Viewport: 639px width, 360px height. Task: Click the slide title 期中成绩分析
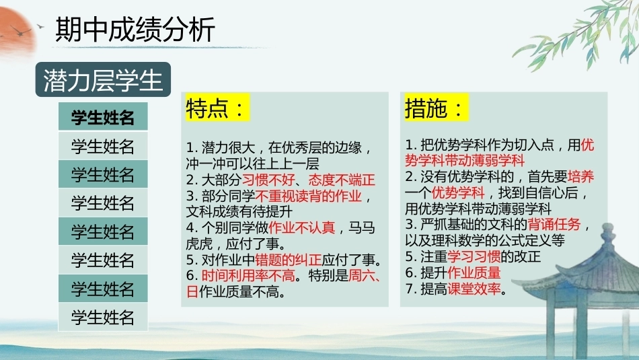click(x=135, y=30)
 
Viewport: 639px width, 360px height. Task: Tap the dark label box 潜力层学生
click(x=103, y=79)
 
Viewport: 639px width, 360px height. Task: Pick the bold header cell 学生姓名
click(x=103, y=117)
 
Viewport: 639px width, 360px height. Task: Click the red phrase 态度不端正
click(x=342, y=180)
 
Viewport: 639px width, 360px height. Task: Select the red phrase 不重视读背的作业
click(x=309, y=196)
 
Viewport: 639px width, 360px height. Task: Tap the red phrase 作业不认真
click(x=301, y=227)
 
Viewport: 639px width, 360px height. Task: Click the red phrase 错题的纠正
click(x=288, y=260)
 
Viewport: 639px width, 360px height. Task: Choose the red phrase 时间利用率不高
click(x=248, y=276)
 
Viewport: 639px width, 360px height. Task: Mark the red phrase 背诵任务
click(x=554, y=224)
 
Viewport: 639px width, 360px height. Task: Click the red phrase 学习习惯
click(x=474, y=256)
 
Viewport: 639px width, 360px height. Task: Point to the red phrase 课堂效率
click(x=474, y=289)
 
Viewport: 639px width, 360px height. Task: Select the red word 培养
click(x=580, y=176)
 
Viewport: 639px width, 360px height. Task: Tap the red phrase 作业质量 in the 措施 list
click(x=474, y=273)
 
